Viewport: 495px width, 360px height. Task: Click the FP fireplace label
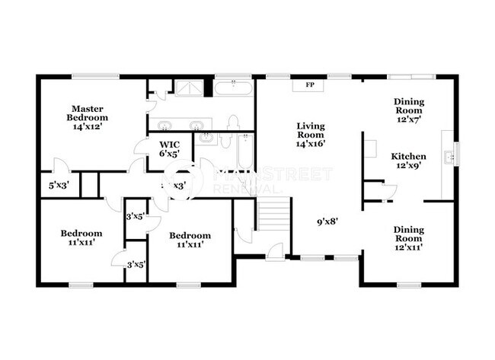[310, 85]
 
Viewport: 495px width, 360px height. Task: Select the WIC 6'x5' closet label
[169, 148]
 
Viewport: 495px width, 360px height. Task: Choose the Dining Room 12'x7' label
[409, 110]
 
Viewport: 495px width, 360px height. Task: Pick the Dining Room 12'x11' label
[408, 237]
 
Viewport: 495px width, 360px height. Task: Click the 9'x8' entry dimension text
[327, 222]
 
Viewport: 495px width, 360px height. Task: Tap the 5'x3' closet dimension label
[59, 184]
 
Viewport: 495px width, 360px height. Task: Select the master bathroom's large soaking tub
[233, 88]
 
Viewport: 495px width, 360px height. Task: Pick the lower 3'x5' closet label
[136, 264]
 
